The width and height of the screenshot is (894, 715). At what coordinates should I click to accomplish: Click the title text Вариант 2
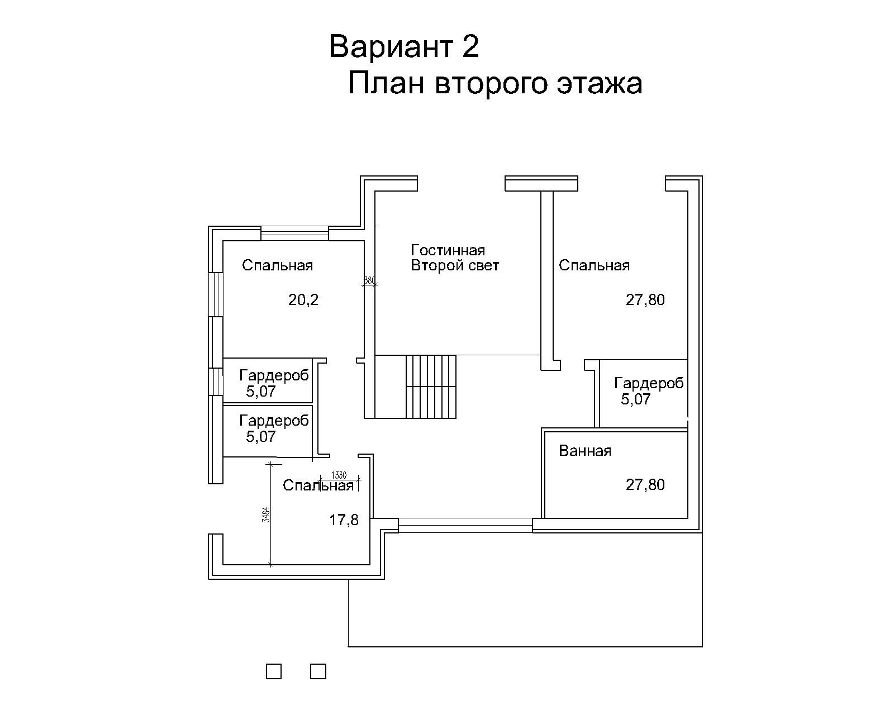coord(404,46)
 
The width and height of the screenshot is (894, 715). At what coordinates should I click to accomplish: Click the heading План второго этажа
coord(495,83)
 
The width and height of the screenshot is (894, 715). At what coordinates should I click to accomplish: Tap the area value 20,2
coord(303,299)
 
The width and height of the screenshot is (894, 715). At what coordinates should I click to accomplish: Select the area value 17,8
coord(344,519)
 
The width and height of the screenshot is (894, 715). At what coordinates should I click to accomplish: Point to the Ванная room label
coord(585,451)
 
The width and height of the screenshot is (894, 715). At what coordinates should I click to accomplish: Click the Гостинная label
coord(448,250)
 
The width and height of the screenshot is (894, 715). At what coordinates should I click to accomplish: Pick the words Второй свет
coord(455,265)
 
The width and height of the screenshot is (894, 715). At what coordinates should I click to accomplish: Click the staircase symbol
coord(431,387)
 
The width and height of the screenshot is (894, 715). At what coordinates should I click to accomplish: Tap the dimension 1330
coord(339,475)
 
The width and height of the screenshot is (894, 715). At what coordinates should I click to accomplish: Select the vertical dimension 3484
coord(266,515)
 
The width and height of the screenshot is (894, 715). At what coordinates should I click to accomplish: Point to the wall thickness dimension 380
coord(369,280)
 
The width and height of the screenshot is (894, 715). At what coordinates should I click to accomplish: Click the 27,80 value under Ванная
coord(645,485)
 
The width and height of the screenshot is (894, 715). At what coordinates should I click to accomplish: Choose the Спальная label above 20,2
coord(278,265)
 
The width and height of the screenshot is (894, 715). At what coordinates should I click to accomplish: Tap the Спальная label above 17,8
coord(318,485)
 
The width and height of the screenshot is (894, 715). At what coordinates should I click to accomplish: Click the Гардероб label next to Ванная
coord(649,383)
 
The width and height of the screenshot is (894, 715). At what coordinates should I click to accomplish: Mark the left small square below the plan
coord(274,671)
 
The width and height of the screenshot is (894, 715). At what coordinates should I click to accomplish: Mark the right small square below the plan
coord(318,671)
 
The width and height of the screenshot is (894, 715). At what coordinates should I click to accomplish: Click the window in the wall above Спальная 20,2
coord(294,233)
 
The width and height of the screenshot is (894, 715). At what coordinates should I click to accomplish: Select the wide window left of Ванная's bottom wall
coord(465,526)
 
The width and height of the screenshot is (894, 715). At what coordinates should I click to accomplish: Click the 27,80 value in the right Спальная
coord(645,300)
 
